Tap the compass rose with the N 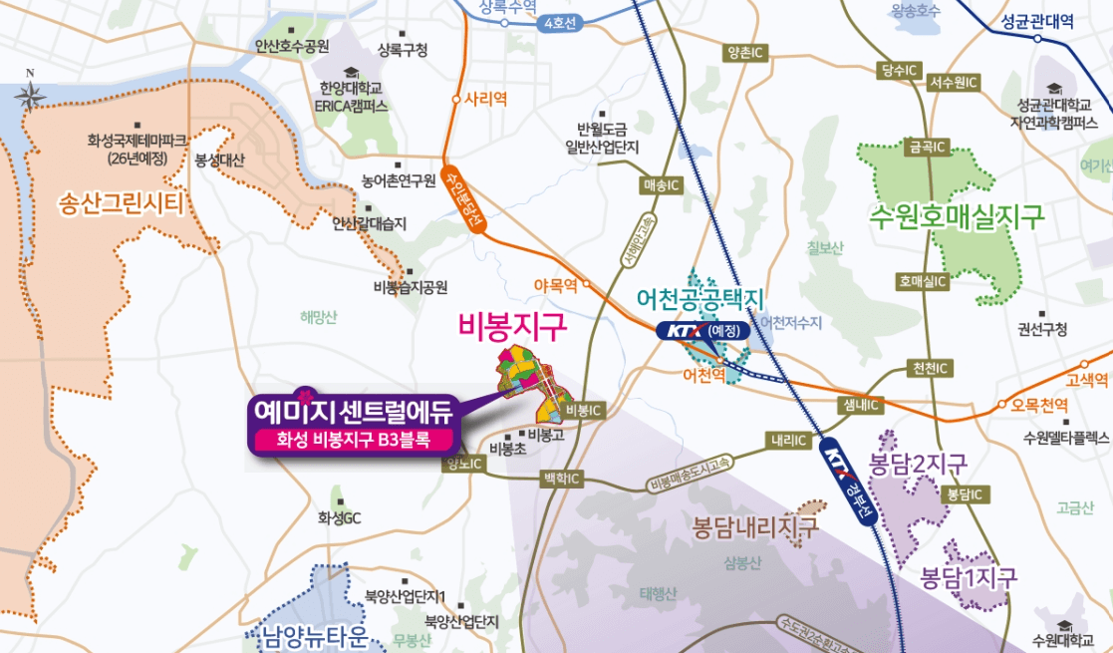coord(30,95)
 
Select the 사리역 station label coord(486,99)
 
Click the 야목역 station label coord(557,285)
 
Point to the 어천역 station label coord(703,377)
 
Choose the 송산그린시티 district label coord(122,205)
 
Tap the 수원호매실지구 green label coord(956,216)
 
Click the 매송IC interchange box coord(662,185)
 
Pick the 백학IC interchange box coord(560,479)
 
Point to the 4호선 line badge coord(556,24)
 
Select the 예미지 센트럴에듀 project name coord(354,410)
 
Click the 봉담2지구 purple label coord(918,465)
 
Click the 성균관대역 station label coord(1038,20)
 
